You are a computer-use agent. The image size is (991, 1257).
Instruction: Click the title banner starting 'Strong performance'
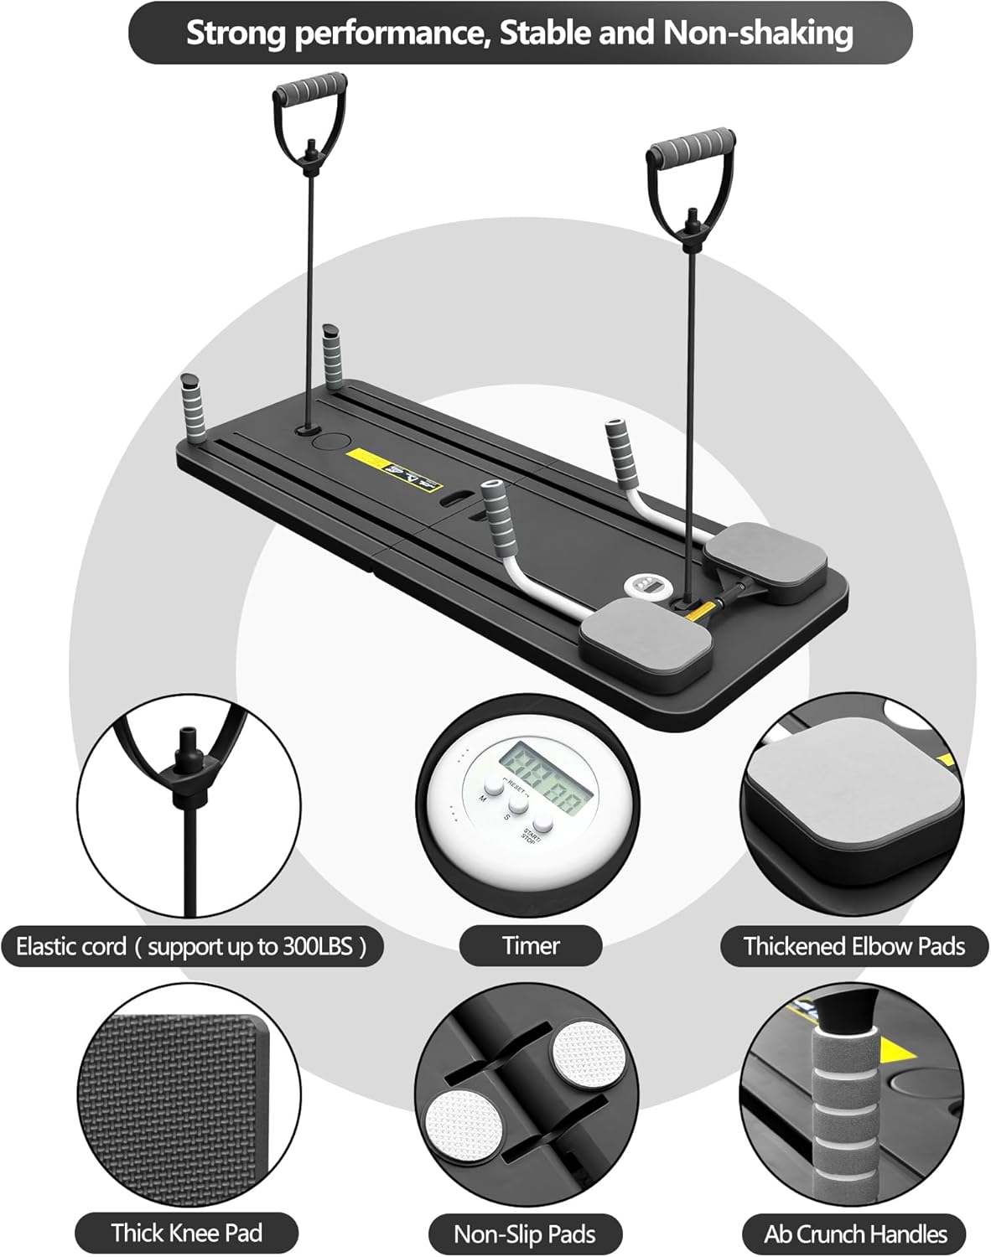(x=520, y=34)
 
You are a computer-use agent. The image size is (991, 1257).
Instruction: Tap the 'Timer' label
(x=531, y=945)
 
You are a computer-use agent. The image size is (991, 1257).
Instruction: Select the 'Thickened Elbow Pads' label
(x=854, y=946)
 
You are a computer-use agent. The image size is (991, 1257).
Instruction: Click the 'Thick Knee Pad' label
(x=186, y=1233)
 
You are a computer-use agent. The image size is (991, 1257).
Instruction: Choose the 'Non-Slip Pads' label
(x=524, y=1234)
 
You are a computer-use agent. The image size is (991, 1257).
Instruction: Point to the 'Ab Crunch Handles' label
(x=854, y=1234)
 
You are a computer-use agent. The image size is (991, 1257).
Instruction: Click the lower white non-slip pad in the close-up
(x=464, y=1125)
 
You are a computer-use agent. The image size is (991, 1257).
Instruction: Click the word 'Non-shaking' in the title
(x=758, y=34)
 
